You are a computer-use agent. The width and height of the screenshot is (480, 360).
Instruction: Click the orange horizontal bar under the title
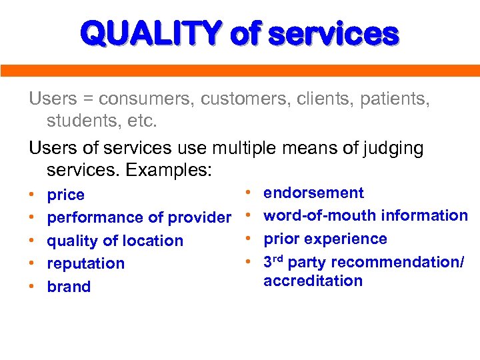[240, 71]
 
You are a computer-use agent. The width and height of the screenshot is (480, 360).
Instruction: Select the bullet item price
[66, 195]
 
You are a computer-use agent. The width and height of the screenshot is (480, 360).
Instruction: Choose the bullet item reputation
[86, 263]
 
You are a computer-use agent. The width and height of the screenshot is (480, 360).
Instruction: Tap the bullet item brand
[69, 287]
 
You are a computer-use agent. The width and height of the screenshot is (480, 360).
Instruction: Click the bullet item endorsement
[313, 193]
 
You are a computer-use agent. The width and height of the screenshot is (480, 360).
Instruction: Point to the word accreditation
[313, 281]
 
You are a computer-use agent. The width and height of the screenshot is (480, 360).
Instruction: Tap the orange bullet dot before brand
[32, 287]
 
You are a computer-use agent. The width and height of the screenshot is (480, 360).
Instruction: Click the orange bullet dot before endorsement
[248, 193]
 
